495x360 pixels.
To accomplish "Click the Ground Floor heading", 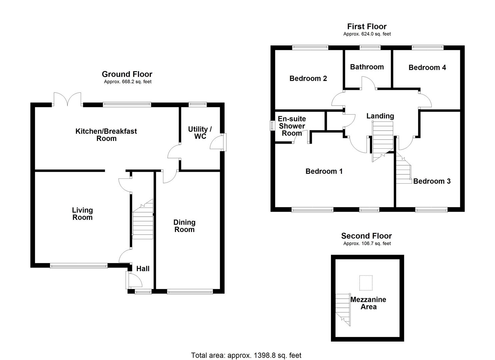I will [127, 74].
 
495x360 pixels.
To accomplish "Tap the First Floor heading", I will [367, 27].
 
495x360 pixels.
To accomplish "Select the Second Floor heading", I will [366, 236].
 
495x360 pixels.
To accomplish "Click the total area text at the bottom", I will [246, 355].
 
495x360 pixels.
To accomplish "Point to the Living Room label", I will [82, 214].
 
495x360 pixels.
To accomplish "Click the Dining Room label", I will [184, 226].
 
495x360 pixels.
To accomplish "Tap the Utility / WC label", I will [200, 133].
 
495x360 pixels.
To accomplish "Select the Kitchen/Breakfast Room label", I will [106, 135].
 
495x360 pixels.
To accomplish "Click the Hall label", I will [143, 269].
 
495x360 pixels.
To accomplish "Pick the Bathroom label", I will [367, 67].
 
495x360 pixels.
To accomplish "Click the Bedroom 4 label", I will [427, 68].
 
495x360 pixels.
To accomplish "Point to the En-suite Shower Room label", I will [292, 126].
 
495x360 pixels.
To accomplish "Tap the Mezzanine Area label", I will [368, 303].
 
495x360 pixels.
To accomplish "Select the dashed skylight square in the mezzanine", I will [366, 283].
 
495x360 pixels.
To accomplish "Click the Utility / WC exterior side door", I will [220, 142].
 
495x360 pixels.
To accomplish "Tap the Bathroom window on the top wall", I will [370, 47].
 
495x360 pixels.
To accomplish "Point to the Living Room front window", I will [79, 266].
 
